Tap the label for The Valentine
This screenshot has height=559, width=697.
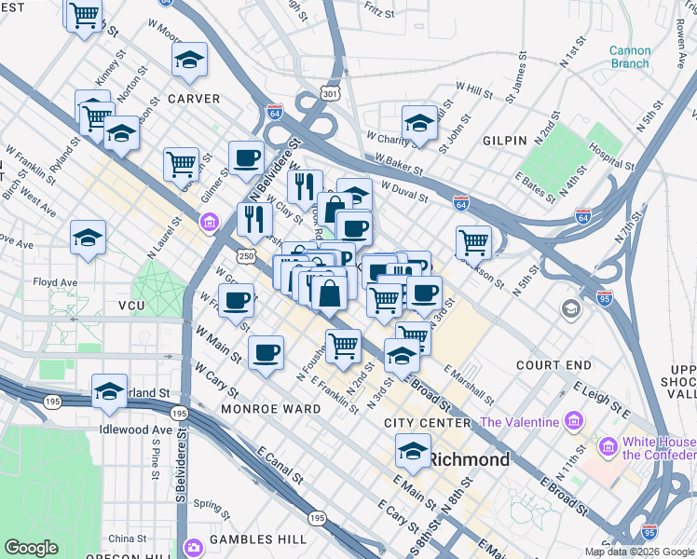tap(519, 422)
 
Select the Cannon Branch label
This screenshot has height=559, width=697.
tap(630, 57)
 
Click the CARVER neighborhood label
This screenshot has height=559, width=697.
tap(194, 98)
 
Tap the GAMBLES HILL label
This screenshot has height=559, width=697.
tap(256, 539)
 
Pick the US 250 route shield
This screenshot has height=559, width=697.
tap(246, 255)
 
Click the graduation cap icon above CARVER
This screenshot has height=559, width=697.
tap(189, 61)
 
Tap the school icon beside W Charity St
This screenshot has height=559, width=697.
tap(419, 123)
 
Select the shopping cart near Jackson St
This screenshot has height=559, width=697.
tap(474, 242)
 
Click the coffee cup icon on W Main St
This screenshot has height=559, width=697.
tap(266, 352)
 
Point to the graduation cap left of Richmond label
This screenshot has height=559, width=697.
tap(413, 451)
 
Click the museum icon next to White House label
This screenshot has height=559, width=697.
tap(609, 446)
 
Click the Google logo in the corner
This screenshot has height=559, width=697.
tap(31, 548)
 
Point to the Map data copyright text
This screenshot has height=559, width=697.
tap(639, 552)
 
